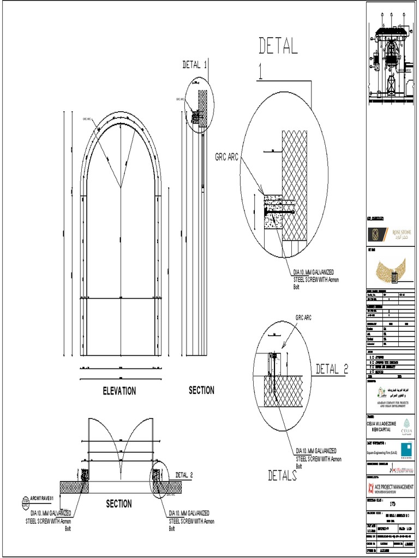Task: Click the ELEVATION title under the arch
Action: [119, 391]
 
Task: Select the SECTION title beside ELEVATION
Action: [201, 390]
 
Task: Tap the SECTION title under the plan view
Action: [118, 504]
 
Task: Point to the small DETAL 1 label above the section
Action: [194, 65]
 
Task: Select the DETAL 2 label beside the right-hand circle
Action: [332, 369]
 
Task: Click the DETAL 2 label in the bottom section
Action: [184, 475]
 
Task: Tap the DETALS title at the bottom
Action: [282, 476]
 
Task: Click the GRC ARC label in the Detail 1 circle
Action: [226, 157]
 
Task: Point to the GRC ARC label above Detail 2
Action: [303, 318]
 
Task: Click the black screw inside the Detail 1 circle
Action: [279, 210]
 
